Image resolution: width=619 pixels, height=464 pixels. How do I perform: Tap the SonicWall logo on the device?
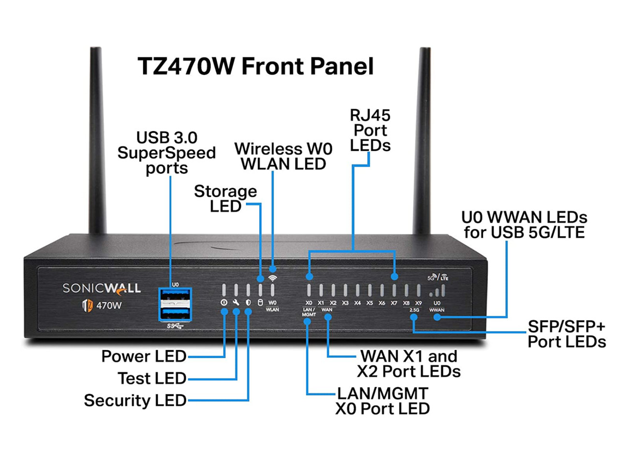click(102, 289)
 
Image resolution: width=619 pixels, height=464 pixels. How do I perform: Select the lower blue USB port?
click(175, 313)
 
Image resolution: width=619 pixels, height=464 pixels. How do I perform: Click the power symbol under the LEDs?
click(224, 303)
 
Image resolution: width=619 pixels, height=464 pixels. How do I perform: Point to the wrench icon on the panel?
click(236, 303)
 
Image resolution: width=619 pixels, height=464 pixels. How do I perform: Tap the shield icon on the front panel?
click(248, 303)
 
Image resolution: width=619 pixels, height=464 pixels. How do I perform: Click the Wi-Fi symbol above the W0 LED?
click(273, 278)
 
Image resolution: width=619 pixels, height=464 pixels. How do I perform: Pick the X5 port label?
click(369, 303)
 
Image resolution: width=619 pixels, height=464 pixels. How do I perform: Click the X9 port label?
click(418, 303)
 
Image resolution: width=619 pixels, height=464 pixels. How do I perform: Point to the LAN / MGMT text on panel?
click(309, 312)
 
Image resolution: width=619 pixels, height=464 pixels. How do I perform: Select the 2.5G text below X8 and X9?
click(414, 310)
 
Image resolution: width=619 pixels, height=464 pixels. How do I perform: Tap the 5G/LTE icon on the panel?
click(438, 277)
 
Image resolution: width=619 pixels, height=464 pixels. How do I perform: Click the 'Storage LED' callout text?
click(225, 199)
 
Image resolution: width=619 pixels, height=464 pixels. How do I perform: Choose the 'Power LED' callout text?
click(144, 356)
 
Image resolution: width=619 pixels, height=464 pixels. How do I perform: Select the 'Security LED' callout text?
click(135, 400)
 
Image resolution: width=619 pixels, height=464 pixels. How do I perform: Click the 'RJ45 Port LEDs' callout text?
click(370, 130)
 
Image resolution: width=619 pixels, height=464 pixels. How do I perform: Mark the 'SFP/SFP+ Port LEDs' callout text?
click(566, 334)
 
